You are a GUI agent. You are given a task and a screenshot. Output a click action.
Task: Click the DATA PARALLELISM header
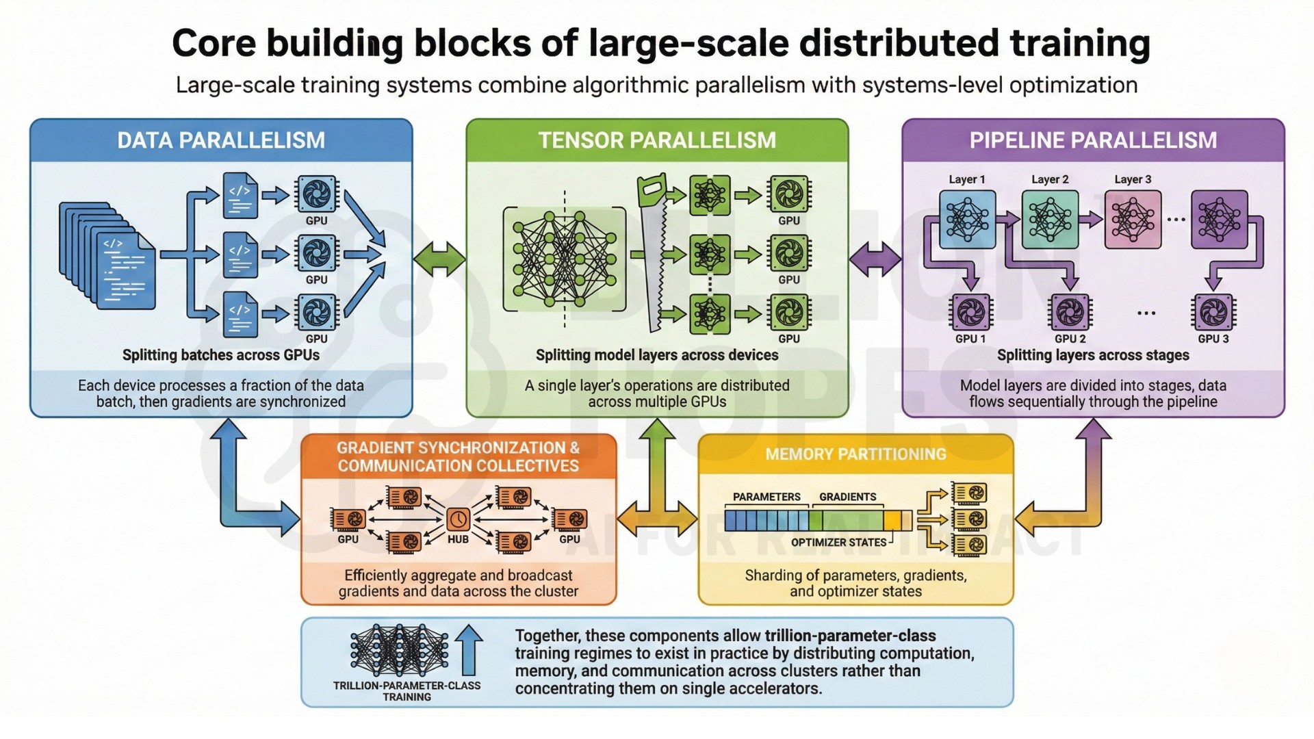coord(220,140)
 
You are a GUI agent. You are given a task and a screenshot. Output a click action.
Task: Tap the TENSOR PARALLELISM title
coord(657,140)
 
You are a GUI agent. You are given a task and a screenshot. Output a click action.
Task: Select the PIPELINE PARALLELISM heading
coord(1093,140)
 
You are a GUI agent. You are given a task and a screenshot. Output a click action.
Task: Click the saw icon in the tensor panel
coord(653,253)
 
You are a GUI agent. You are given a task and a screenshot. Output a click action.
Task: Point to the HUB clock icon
coord(458,519)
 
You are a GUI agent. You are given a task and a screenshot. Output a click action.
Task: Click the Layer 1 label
coord(966,179)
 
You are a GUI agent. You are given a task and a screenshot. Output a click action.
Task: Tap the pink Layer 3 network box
coord(1133,219)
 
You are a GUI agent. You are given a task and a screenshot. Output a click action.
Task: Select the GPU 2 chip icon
coord(1070,313)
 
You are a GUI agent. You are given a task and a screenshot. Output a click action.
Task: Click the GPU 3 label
coord(1213,339)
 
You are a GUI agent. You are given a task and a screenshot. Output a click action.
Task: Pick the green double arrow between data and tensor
coord(439,259)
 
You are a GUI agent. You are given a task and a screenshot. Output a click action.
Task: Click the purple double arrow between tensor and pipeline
coord(875,259)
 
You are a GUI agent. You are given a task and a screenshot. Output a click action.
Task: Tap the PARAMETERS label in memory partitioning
coord(766,497)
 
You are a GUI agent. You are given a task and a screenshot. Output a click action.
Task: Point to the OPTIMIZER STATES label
coord(838,543)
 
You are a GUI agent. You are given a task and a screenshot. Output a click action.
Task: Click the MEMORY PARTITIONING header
coord(855,454)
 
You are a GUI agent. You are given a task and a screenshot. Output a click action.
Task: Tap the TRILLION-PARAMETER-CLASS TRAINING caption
coord(407,691)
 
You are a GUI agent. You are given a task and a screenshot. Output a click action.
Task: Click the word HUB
coord(458,539)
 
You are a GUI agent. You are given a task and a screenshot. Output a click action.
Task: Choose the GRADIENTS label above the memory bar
coord(847,497)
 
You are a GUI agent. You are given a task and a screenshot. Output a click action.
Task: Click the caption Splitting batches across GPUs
coord(220,355)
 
